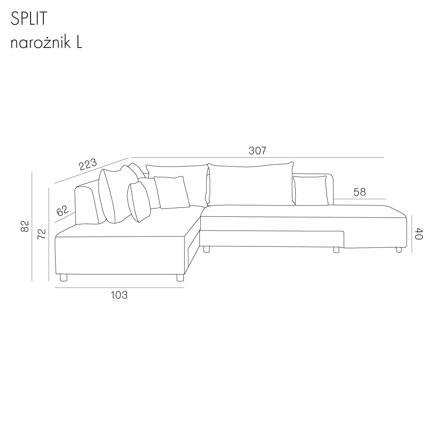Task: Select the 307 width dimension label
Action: point(257,151)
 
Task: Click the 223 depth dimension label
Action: point(88,164)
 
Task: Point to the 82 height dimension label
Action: point(25,226)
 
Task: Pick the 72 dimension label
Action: point(41,234)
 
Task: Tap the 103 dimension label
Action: point(119,295)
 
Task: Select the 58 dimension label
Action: point(360,192)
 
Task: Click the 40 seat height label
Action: point(419,234)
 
